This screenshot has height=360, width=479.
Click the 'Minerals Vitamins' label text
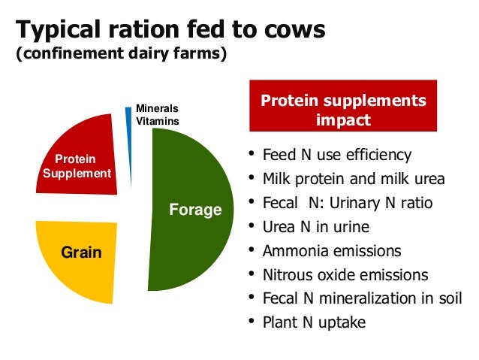click(156, 114)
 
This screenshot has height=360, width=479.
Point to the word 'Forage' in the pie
click(195, 210)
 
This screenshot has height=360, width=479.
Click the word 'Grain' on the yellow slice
click(81, 253)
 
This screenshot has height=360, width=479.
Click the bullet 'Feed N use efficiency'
click(336, 156)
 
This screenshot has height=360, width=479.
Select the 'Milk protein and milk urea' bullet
click(353, 180)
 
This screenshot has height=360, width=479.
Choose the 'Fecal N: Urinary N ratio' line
click(347, 204)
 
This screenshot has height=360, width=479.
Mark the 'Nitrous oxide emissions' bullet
click(345, 275)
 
